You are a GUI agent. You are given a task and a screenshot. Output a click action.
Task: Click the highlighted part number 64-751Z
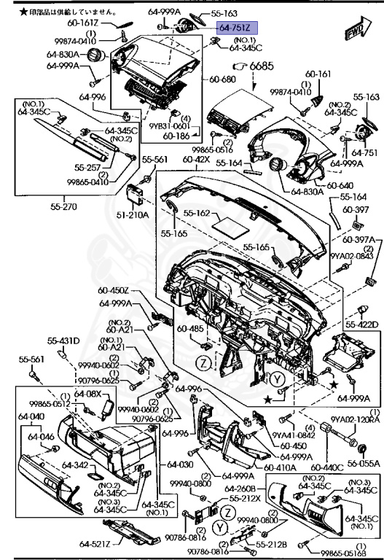(234, 26)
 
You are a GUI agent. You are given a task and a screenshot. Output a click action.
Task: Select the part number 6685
(262, 67)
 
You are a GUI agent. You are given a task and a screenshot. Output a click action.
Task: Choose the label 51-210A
(136, 215)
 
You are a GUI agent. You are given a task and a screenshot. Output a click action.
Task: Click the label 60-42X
(197, 159)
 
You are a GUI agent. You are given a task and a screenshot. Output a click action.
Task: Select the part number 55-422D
(361, 324)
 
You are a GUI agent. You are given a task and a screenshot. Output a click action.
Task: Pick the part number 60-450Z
(114, 290)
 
